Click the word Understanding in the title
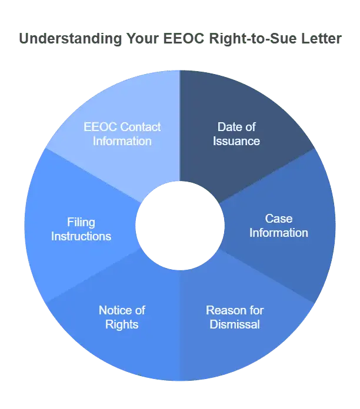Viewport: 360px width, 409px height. (71, 39)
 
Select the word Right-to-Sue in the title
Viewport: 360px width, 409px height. (253, 39)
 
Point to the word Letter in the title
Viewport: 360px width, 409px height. (321, 38)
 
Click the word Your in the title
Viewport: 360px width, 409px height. (142, 38)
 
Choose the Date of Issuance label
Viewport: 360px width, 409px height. (236, 134)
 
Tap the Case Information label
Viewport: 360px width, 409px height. (279, 226)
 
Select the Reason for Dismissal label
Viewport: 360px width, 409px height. (235, 317)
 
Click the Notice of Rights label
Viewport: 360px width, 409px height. (122, 317)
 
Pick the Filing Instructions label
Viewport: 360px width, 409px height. (81, 229)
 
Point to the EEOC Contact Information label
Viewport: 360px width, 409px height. (122, 134)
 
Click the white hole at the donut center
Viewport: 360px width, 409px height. (180, 226)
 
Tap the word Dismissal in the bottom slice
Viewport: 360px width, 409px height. (235, 324)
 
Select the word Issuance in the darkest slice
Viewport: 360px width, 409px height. (236, 141)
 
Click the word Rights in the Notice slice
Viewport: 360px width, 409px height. (122, 325)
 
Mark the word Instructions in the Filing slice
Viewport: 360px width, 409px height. (81, 236)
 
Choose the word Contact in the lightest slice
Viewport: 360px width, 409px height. (141, 127)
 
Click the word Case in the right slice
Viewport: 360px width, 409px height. (279, 219)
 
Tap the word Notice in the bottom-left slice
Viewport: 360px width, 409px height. (112, 310)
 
